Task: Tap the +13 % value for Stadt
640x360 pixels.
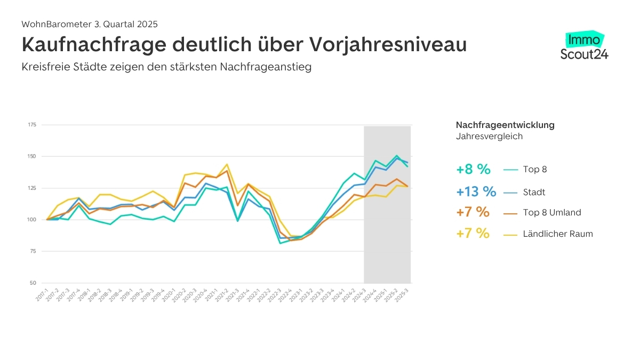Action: [476, 191]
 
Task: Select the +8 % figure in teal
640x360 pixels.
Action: [473, 170]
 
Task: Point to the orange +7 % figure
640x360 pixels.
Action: [473, 212]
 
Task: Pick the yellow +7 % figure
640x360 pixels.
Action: [473, 233]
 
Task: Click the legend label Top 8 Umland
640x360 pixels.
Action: [553, 212]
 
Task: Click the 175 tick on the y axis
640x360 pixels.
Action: [31, 125]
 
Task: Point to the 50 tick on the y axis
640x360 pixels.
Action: [33, 283]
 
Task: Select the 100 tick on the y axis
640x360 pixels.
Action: [31, 220]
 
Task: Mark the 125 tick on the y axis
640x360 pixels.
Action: [31, 188]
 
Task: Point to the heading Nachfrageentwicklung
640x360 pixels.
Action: [505, 125]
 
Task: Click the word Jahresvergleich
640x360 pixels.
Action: [489, 136]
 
